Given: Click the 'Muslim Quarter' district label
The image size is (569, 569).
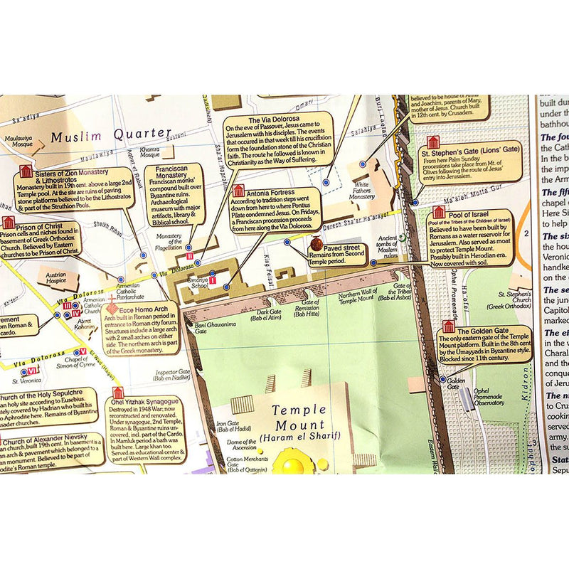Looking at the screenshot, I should point(112,134).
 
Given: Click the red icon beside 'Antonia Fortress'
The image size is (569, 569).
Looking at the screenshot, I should point(238,191).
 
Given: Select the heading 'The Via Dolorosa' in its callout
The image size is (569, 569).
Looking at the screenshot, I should point(274,119).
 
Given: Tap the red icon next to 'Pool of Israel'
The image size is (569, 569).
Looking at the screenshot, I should point(439,213).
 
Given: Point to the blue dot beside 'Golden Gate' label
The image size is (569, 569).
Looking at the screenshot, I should point(443,380).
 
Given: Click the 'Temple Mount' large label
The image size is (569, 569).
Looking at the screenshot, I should point(299,410).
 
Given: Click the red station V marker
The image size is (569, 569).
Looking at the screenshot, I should point(83,351).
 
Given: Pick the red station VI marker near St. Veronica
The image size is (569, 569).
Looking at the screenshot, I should point(33,371).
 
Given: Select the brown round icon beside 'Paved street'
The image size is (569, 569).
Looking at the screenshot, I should point(316,245).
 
